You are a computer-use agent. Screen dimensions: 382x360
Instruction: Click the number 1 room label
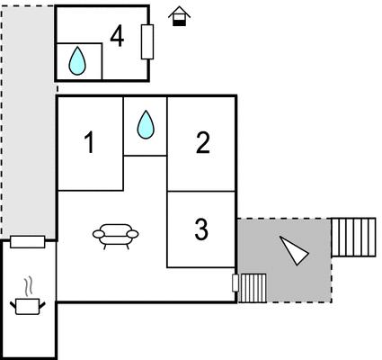tap(90, 143)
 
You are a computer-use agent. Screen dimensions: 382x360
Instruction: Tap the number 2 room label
tap(203, 143)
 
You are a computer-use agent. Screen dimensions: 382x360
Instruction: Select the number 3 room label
tap(201, 229)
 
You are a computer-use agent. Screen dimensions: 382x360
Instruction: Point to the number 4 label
tap(117, 37)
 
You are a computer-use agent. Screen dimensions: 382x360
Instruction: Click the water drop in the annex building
tap(77, 61)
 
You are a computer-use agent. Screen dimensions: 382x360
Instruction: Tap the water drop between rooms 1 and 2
tap(146, 125)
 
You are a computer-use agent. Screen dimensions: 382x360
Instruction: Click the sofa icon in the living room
tap(116, 236)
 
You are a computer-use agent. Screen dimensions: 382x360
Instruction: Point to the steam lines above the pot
tap(29, 287)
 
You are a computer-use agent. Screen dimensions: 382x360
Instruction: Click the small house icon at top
tap(179, 16)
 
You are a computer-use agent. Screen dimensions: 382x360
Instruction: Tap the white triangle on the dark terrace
tap(294, 250)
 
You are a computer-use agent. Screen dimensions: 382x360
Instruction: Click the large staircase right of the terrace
tap(353, 238)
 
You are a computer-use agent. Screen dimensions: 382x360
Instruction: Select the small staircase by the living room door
tap(253, 288)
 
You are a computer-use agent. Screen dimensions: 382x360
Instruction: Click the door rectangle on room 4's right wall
tap(147, 41)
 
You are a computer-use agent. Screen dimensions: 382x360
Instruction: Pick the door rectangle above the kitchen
tap(28, 242)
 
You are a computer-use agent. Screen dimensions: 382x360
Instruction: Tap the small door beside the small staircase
tap(235, 283)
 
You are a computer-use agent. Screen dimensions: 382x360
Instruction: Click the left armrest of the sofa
tap(99, 234)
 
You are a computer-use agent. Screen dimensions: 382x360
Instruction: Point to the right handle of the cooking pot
tap(42, 305)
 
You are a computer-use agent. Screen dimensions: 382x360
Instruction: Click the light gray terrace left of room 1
tap(29, 121)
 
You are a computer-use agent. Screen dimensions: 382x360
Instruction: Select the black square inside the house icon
tap(179, 22)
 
